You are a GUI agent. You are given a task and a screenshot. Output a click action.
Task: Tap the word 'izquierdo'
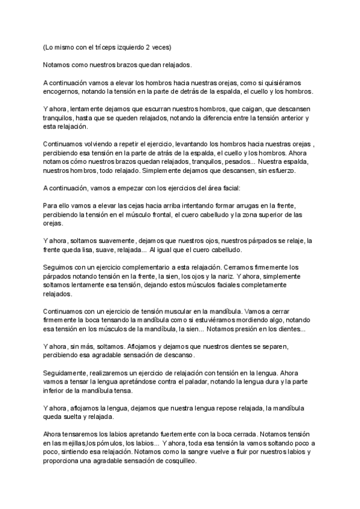[x=126, y=47]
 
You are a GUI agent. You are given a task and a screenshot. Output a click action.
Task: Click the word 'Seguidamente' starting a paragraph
[x=65, y=373]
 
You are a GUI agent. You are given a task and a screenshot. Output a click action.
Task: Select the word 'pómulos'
[x=112, y=442]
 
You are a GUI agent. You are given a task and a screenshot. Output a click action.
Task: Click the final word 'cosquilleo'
[x=178, y=462]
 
